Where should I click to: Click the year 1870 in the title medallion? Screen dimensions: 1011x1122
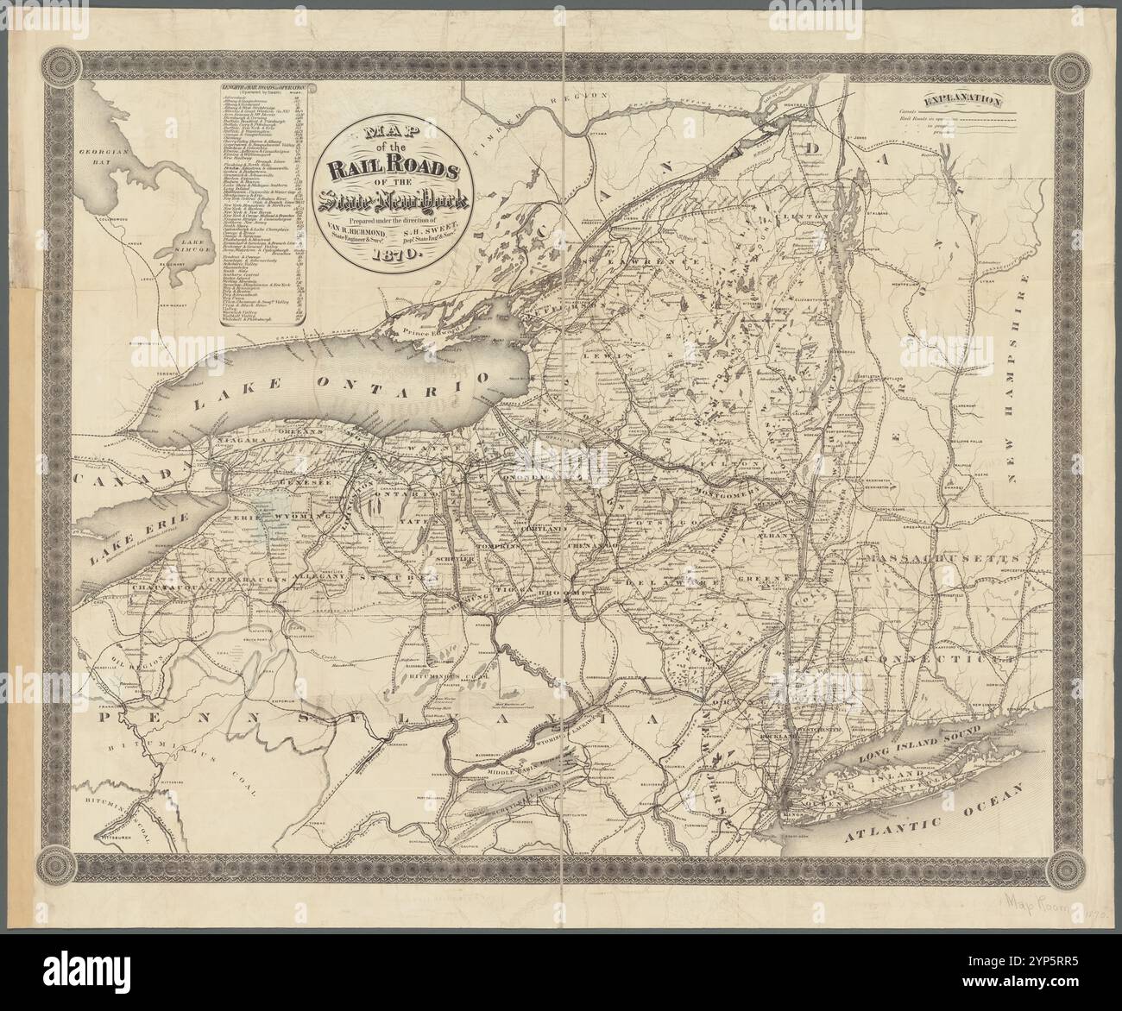[x=393, y=255]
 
